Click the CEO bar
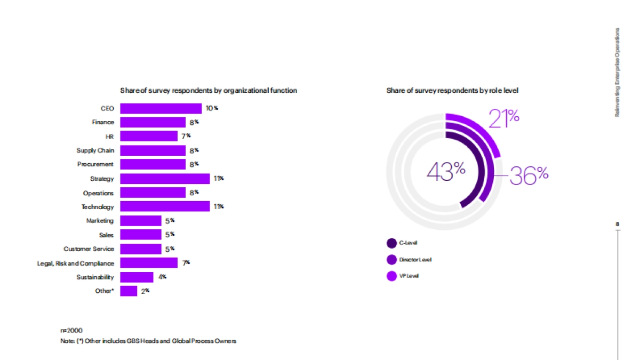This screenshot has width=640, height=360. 161,108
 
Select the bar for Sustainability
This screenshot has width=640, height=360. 137,277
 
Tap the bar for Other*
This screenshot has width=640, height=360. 129,291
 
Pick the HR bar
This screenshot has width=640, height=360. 149,136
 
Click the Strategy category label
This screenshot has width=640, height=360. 102,179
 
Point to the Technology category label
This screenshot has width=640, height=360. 98,206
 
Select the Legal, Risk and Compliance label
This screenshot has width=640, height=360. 75,263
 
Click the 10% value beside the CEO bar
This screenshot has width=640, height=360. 212,108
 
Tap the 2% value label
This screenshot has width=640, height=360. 145,291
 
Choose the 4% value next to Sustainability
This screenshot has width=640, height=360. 162,277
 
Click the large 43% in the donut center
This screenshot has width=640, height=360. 446,171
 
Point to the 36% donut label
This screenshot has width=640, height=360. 529,175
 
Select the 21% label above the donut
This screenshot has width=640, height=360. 504,118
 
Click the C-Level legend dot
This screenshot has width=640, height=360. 391,243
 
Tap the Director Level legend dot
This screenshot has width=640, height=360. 391,260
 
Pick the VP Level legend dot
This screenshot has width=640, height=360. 391,276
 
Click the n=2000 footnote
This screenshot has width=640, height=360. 71,331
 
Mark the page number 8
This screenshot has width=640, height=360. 618,224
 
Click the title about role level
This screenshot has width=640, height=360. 452,91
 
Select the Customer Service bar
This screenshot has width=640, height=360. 141,249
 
